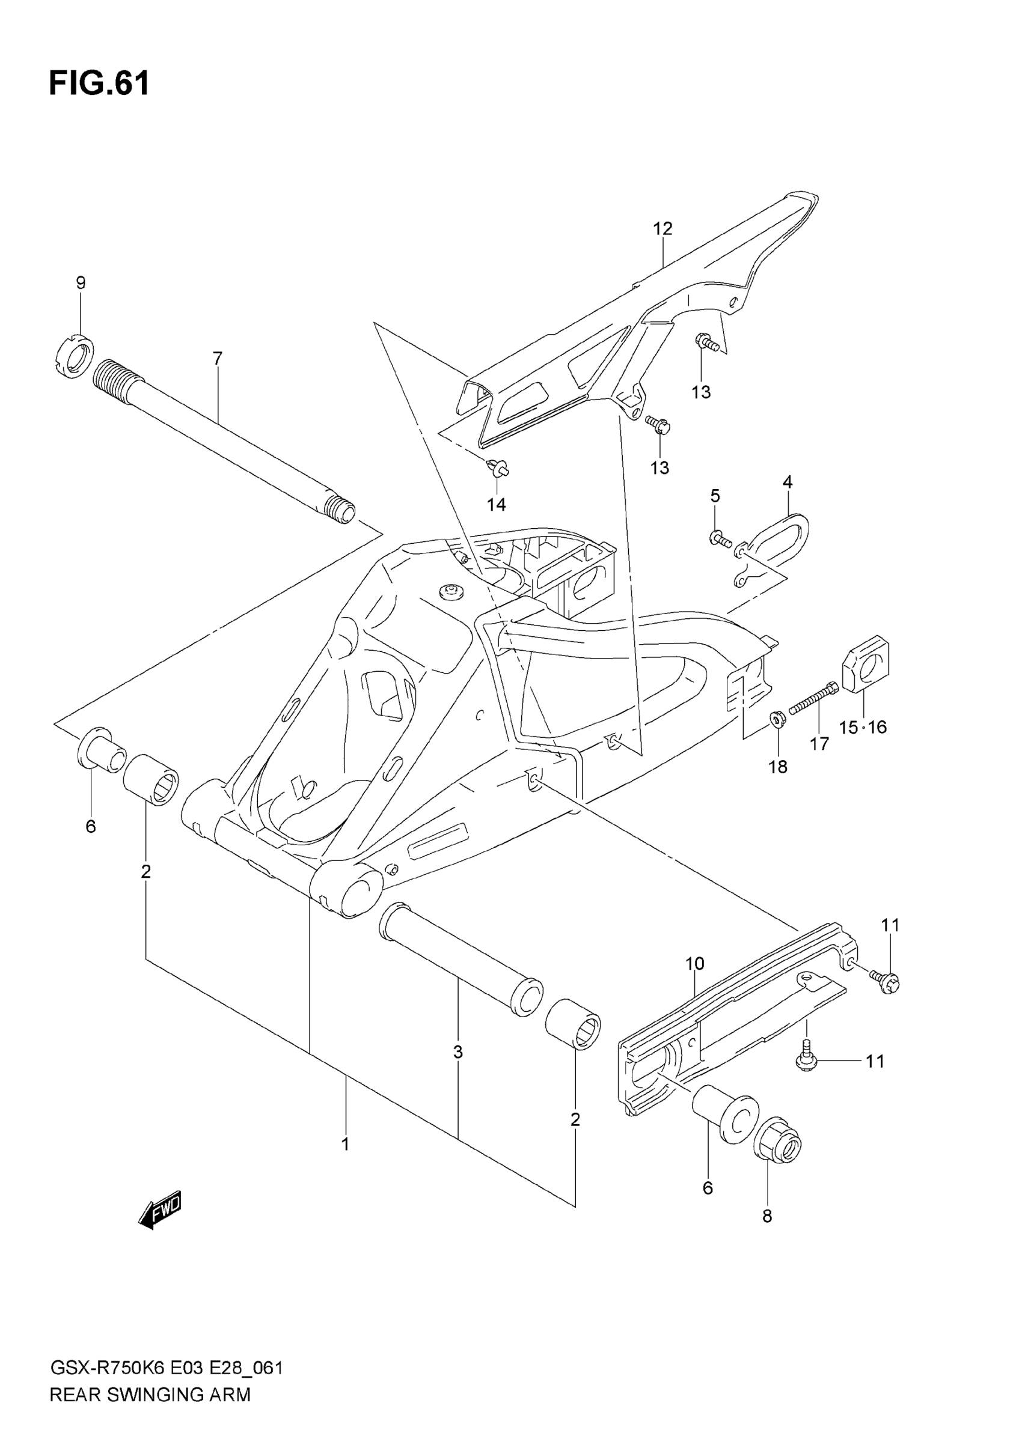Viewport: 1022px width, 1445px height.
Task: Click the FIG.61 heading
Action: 99,83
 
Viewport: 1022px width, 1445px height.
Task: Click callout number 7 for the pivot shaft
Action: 217,359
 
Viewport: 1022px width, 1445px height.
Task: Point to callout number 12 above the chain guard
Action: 662,228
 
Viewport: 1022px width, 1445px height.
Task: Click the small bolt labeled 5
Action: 720,538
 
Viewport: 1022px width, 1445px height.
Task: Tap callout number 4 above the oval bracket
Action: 787,482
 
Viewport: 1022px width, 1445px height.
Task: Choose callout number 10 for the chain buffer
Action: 694,964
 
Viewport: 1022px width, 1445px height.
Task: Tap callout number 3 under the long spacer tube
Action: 457,1051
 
